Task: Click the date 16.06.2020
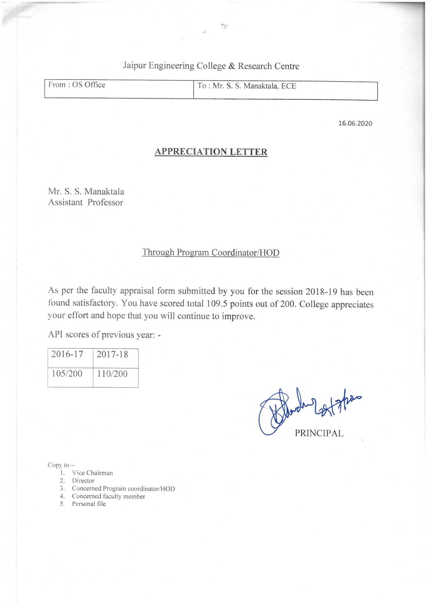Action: point(355,123)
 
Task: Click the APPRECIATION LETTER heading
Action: point(211,152)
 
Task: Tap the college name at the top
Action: point(211,66)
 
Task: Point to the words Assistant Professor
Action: point(85,202)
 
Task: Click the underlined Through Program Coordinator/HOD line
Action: point(211,252)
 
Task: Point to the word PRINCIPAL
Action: point(319,433)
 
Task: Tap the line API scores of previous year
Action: point(104,335)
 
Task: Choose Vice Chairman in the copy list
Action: point(92,473)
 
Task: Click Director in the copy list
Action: point(83,481)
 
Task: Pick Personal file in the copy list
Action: point(89,504)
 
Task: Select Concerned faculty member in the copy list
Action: point(109,496)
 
